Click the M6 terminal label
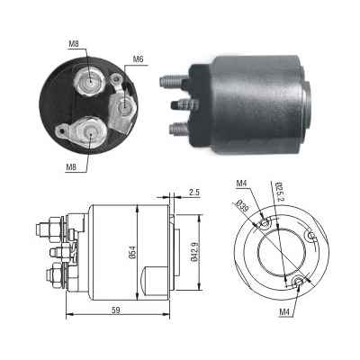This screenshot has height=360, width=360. click(x=138, y=59)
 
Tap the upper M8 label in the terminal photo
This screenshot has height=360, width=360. click(x=74, y=44)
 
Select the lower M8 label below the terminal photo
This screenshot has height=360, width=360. click(x=71, y=167)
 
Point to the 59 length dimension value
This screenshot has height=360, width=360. click(x=116, y=310)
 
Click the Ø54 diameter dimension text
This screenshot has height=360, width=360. click(x=132, y=252)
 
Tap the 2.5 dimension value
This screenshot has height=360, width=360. click(x=194, y=193)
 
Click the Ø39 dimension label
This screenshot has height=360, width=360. click(x=242, y=205)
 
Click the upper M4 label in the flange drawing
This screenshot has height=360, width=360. click(x=241, y=183)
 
